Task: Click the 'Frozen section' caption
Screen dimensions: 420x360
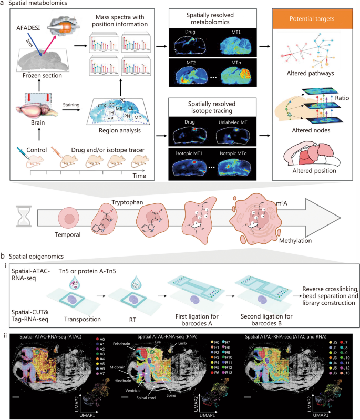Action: (x=40, y=75)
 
